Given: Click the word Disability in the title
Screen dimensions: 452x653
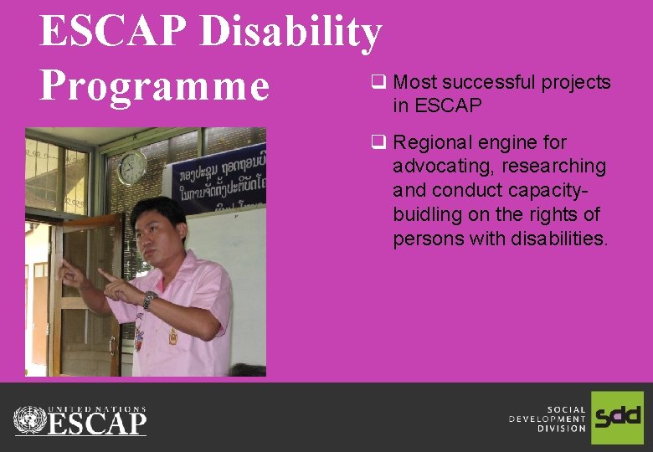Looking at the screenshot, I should coord(292,32).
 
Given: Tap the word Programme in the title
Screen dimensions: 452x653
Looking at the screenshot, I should coord(155,85).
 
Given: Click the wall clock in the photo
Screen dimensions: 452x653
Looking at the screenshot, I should coord(132,167).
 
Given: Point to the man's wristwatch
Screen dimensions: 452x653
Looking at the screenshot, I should coord(149,300).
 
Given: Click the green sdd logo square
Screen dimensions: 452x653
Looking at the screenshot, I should coord(617,417).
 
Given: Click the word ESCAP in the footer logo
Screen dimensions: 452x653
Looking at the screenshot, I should coord(97,424).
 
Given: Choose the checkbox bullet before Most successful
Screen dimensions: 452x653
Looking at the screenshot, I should coord(378,82).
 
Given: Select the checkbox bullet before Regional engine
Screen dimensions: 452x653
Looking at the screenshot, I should coord(378,142).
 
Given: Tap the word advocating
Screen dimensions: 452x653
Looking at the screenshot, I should coord(443,167).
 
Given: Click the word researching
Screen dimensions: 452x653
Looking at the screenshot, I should coord(553,167).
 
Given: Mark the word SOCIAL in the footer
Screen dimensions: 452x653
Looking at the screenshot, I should coord(566,409).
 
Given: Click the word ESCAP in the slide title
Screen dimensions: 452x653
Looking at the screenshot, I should coord(117,32).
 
